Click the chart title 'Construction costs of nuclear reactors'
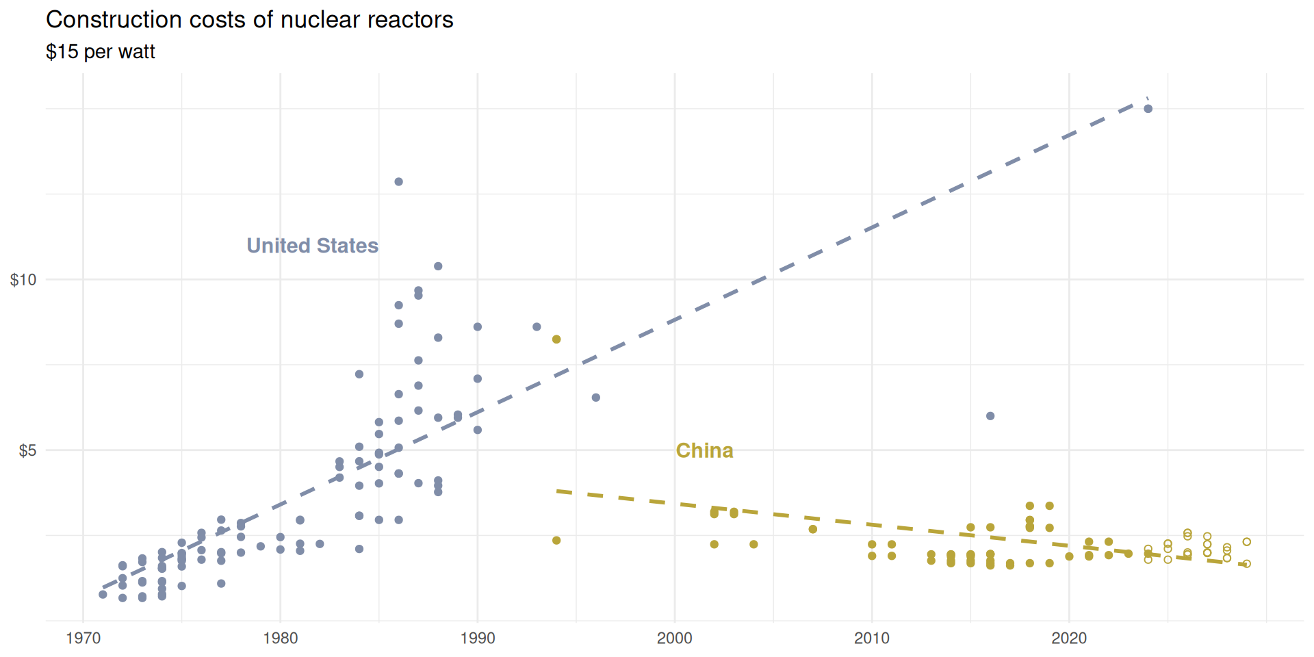click(x=249, y=20)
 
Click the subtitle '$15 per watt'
click(x=101, y=52)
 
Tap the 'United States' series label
click(x=312, y=246)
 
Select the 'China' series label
click(x=704, y=450)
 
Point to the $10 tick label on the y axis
click(x=23, y=280)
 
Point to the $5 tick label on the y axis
click(x=27, y=451)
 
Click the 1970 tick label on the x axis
click(x=83, y=639)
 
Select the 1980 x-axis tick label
click(x=280, y=639)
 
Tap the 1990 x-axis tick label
click(x=477, y=639)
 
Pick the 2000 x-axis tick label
click(x=674, y=639)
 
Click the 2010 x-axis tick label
click(x=871, y=639)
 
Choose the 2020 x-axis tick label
click(x=1068, y=639)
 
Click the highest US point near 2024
click(x=1148, y=109)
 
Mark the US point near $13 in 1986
click(x=398, y=182)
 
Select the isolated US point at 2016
click(x=990, y=416)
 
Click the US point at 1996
click(x=595, y=398)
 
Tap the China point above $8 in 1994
click(x=556, y=339)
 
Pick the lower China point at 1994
click(x=556, y=541)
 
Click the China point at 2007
click(x=812, y=529)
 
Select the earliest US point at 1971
click(x=103, y=595)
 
